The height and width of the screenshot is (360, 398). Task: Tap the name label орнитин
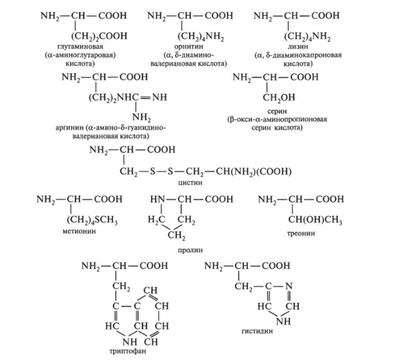click(x=196, y=47)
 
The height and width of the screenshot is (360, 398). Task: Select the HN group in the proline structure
click(x=157, y=199)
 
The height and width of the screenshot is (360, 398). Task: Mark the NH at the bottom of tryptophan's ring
click(x=116, y=339)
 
